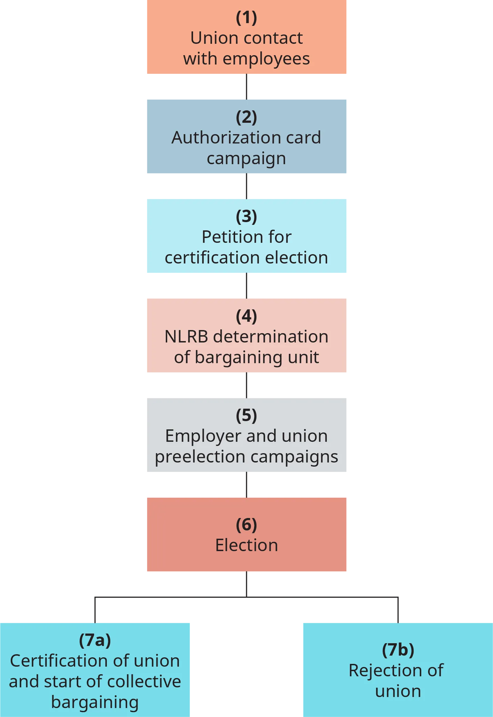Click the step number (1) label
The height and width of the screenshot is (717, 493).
coord(246,18)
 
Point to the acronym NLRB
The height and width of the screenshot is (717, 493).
coord(186,337)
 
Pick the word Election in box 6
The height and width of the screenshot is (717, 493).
coord(246,545)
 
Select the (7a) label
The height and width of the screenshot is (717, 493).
coord(95,640)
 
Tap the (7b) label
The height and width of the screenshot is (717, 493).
coord(398,650)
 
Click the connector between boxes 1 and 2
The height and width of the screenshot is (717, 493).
coord(246,87)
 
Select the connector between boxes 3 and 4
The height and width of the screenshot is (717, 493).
coord(246,286)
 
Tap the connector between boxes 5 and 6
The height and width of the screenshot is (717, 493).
coord(246,485)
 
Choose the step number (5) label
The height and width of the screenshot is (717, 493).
coord(246,415)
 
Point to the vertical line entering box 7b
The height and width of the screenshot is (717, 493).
coord(398,610)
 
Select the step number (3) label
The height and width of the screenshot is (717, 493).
coord(246,216)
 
